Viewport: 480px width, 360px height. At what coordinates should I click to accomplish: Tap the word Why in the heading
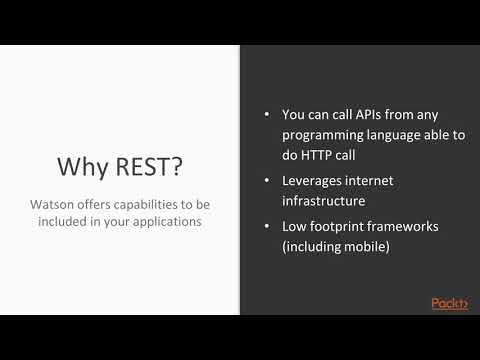[x=80, y=164]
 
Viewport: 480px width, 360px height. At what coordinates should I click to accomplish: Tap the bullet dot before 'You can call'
[x=268, y=114]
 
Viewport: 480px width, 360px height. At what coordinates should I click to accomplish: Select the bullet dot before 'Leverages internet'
[x=268, y=180]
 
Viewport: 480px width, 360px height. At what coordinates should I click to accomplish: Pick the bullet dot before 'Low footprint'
[x=268, y=225]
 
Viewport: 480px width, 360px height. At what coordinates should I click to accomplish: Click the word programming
[x=326, y=136]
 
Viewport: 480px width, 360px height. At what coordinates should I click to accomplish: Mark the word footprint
[x=348, y=225]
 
